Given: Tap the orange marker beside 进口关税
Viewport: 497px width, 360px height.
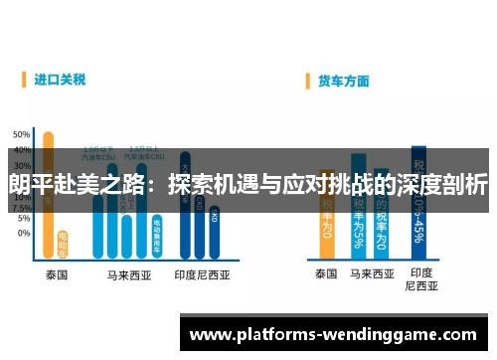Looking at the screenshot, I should (x=26, y=78).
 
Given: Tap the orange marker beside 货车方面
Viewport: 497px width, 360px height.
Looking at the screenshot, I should (x=309, y=80).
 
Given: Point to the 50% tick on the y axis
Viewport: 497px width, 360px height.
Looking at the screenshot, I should (x=21, y=133).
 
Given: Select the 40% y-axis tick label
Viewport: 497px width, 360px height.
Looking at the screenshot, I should (x=21, y=145).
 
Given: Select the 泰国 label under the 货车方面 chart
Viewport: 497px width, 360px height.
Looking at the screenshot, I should (x=326, y=272).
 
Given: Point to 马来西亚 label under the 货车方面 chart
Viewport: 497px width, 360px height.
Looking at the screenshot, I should (x=370, y=272).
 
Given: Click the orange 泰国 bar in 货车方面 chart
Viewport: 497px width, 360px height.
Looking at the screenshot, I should (x=326, y=229).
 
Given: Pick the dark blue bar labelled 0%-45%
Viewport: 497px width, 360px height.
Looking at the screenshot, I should (x=418, y=199).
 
